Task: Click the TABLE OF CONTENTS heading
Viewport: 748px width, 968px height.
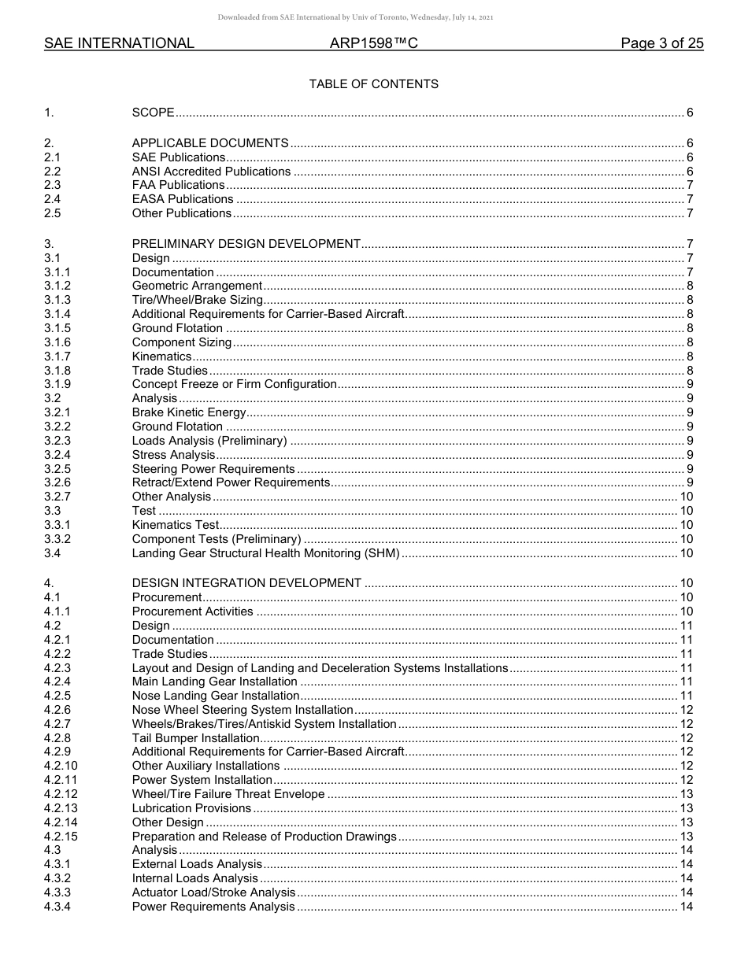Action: [373, 84]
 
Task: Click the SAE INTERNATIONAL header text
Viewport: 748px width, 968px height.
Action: [119, 44]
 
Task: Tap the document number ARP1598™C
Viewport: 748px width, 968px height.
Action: [373, 44]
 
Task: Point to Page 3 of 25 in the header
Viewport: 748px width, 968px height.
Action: [661, 44]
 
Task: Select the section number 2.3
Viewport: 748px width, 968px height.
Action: [53, 186]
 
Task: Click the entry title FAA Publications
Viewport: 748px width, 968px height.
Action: [178, 186]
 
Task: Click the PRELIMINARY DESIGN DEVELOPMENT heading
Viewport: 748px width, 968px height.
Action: [246, 244]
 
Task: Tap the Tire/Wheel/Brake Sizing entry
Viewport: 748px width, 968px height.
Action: [197, 300]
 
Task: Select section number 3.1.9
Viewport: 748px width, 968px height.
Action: [57, 384]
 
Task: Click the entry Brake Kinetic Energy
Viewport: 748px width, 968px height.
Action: [189, 412]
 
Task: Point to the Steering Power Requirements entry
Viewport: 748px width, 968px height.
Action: [202, 469]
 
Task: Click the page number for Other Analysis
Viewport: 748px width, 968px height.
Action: [686, 497]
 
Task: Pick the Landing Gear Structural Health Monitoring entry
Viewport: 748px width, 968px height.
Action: [266, 553]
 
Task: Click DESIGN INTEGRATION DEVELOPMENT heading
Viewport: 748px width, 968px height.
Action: [246, 583]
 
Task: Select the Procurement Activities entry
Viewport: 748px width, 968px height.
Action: [193, 611]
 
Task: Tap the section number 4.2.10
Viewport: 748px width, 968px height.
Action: [61, 766]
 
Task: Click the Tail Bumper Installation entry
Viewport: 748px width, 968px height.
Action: [195, 738]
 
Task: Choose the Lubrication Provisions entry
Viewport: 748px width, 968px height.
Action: [191, 808]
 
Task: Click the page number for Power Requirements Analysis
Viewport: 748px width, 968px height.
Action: [686, 907]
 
